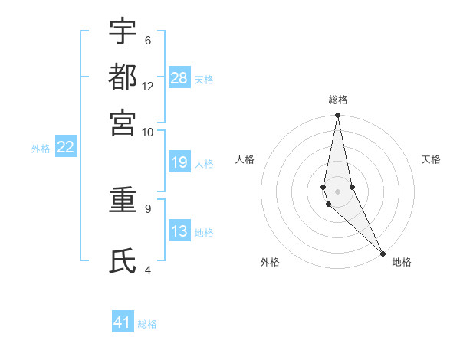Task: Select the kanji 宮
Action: point(123,123)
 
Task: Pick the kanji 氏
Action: point(123,261)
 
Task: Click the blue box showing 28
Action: point(179,78)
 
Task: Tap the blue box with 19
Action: point(179,162)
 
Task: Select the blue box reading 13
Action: point(179,232)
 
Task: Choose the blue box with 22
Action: point(66,147)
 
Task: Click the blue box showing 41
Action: point(123,322)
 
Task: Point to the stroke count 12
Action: point(148,87)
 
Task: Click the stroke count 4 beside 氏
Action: point(147,270)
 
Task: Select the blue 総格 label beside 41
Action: point(147,324)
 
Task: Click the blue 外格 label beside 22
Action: point(41,149)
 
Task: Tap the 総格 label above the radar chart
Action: point(337,100)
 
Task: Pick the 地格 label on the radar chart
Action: point(402,262)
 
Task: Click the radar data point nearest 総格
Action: point(337,116)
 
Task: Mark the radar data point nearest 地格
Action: point(383,253)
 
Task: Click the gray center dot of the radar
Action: point(337,191)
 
